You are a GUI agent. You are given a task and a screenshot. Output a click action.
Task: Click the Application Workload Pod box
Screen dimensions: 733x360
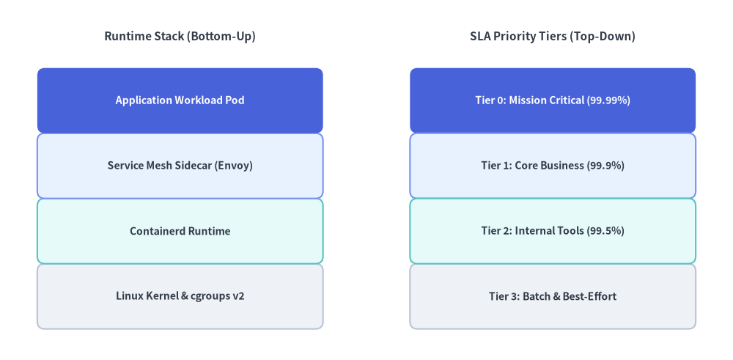(180, 100)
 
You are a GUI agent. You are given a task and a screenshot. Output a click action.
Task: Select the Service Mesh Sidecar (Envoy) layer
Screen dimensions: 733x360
(180, 166)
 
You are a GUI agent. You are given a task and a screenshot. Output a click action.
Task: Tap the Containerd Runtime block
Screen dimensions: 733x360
(180, 231)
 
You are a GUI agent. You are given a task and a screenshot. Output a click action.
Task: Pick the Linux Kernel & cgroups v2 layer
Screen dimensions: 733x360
(180, 296)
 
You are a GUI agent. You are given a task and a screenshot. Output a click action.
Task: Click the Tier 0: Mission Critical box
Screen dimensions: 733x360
(553, 100)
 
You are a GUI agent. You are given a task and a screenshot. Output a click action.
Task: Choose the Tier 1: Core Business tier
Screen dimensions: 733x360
(553, 166)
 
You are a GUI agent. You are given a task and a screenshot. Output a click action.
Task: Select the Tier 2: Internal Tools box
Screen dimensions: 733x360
(553, 231)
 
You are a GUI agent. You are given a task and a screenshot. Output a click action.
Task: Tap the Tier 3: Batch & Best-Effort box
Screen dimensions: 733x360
(553, 296)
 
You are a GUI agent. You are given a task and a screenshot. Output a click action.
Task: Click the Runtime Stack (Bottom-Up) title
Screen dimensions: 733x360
(180, 37)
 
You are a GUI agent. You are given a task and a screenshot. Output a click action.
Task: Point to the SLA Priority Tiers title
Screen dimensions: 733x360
(553, 37)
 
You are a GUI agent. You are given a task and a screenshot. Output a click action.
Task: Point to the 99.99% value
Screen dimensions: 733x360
(608, 100)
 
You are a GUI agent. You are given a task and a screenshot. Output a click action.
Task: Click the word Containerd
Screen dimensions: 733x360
(157, 231)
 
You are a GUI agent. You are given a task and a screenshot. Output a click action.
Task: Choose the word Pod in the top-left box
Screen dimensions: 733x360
(235, 100)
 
